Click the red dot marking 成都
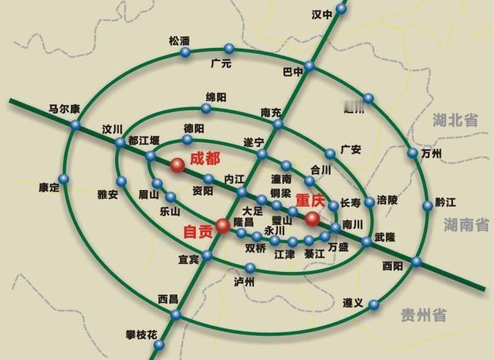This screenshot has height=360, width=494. point(178,164)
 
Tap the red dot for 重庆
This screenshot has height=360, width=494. point(312,219)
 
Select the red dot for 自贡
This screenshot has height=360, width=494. point(222,226)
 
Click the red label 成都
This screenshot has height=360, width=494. point(205,157)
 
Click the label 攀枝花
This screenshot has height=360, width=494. point(141,335)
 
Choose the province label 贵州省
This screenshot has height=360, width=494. point(425,314)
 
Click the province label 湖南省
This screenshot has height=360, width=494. point(466,225)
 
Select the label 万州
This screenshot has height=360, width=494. point(432,154)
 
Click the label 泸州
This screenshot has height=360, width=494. point(244,282)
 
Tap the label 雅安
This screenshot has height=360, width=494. point(107,195)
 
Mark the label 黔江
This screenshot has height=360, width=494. point(446,202)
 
